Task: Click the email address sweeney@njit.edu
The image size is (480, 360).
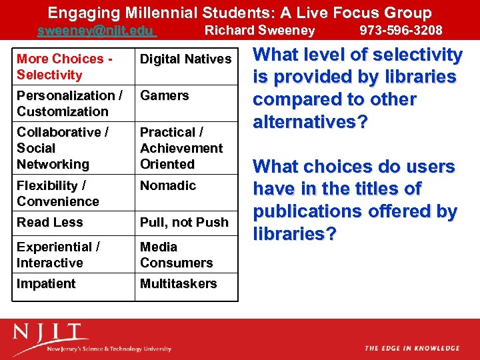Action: (96, 30)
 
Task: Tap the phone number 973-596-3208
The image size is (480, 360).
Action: (401, 30)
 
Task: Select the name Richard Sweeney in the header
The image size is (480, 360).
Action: (259, 30)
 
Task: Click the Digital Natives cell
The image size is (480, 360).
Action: (185, 59)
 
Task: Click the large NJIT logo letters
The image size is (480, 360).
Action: (51, 333)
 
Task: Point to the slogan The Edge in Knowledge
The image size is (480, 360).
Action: (412, 348)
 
